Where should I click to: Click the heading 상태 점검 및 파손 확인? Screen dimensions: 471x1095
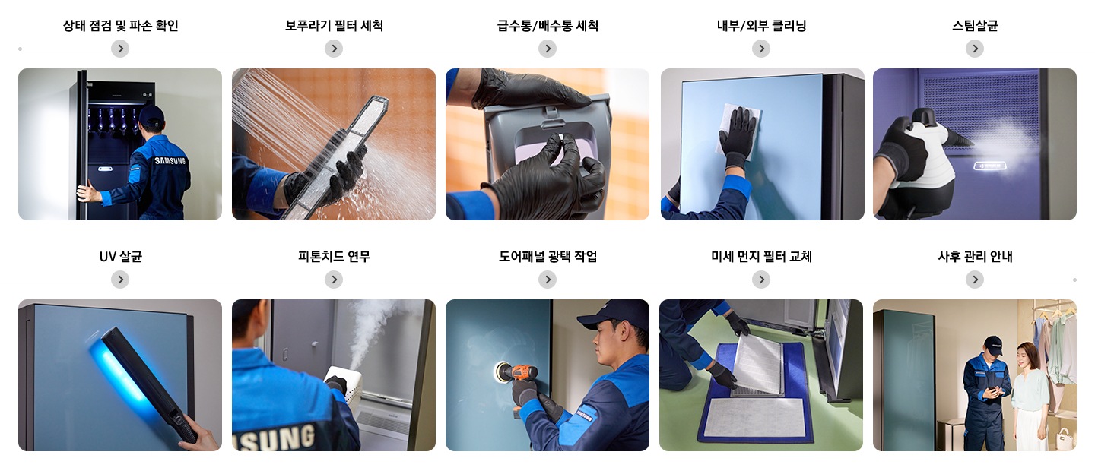[120, 26]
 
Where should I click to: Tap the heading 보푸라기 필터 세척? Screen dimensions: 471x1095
[334, 26]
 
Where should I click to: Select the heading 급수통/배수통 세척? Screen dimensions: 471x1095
[547, 26]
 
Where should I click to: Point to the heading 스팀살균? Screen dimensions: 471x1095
[975, 26]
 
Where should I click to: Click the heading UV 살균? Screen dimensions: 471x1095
[120, 257]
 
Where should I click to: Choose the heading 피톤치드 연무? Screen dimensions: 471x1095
[334, 257]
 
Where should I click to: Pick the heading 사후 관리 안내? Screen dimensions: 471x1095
[975, 257]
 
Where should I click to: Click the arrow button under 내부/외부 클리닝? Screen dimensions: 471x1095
[761, 49]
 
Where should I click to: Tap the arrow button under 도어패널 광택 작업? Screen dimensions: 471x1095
[547, 280]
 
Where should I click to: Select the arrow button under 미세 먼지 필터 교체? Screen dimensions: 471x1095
[761, 280]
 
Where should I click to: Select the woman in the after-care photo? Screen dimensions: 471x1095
[1028, 391]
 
